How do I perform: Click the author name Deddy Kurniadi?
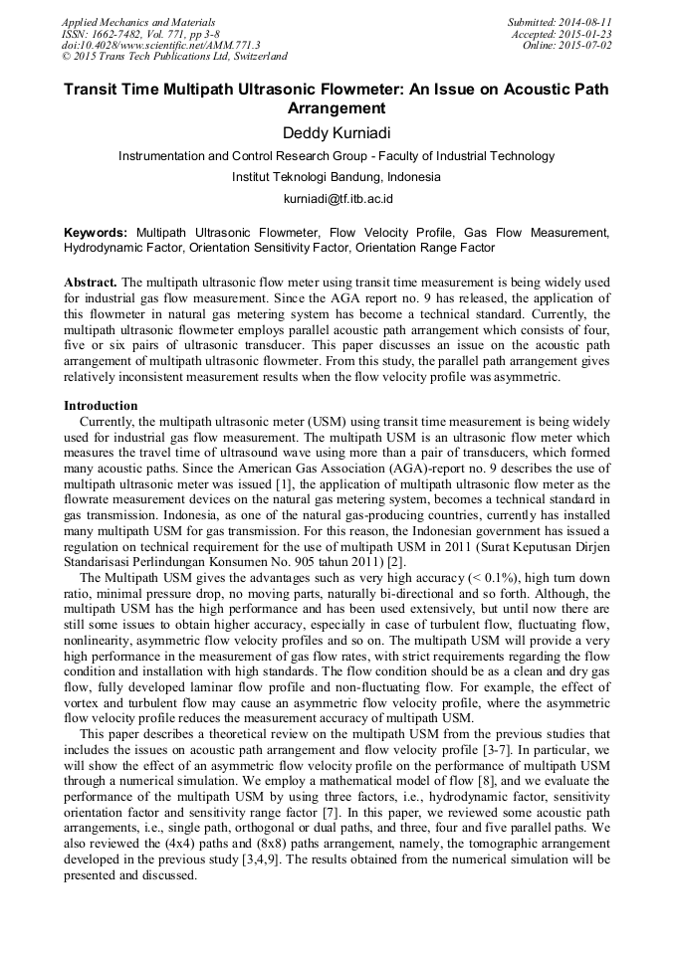tap(337, 132)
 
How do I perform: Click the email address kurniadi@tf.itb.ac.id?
tap(337, 199)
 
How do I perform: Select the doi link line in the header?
tap(160, 45)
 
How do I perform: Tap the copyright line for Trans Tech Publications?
tap(174, 57)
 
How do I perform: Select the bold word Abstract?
tap(91, 284)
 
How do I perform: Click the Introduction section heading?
tap(101, 406)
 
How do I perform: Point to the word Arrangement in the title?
tap(336, 108)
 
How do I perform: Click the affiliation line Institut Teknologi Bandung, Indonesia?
tap(337, 177)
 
